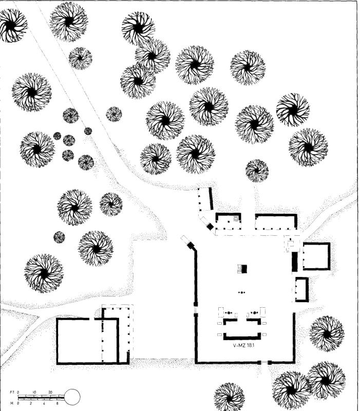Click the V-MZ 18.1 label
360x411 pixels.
(x=244, y=346)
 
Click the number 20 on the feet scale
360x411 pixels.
(x=50, y=392)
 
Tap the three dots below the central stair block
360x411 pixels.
(x=241, y=292)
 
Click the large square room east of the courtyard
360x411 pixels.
(x=316, y=256)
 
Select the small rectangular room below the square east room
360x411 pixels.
(x=301, y=290)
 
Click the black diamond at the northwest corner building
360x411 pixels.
(x=210, y=227)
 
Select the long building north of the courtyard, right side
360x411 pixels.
(x=276, y=221)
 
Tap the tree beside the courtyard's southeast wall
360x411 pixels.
(x=326, y=333)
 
